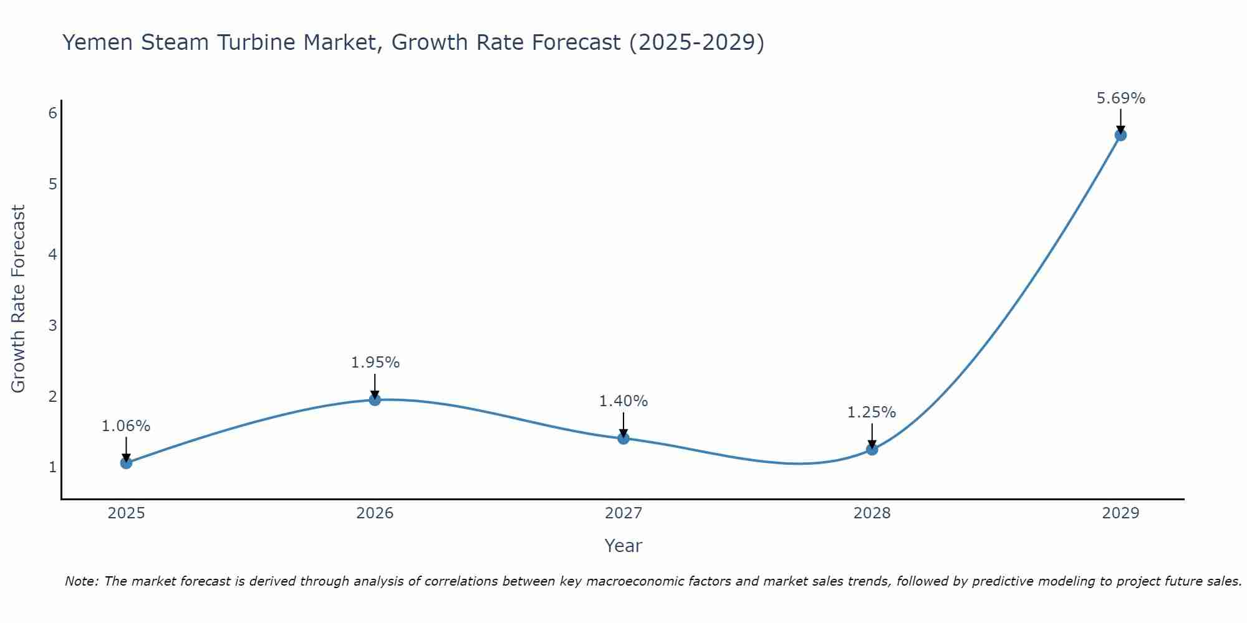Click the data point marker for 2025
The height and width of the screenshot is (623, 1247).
(126, 463)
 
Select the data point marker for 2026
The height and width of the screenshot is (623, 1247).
(375, 399)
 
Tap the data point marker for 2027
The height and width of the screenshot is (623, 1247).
(623, 439)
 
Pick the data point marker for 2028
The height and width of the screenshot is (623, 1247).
(872, 449)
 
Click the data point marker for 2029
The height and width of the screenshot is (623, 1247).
(1120, 135)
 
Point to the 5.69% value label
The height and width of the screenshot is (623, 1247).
(1120, 98)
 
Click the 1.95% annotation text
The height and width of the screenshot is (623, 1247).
(375, 363)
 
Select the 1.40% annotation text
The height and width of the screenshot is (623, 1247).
(623, 401)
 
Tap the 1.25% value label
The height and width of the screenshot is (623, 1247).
(872, 412)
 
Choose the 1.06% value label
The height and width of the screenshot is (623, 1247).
(126, 426)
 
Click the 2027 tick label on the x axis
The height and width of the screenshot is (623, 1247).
(623, 513)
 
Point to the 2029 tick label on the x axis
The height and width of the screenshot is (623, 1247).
(1120, 513)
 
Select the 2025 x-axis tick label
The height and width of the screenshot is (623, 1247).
(126, 513)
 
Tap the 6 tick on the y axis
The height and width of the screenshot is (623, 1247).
(52, 113)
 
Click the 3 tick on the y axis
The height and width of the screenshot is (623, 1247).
(52, 325)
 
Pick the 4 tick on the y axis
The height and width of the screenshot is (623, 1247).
(52, 254)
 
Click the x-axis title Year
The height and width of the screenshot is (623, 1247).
(623, 546)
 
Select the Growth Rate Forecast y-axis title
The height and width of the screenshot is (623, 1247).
(19, 299)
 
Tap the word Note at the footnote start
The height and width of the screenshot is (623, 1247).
(81, 581)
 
